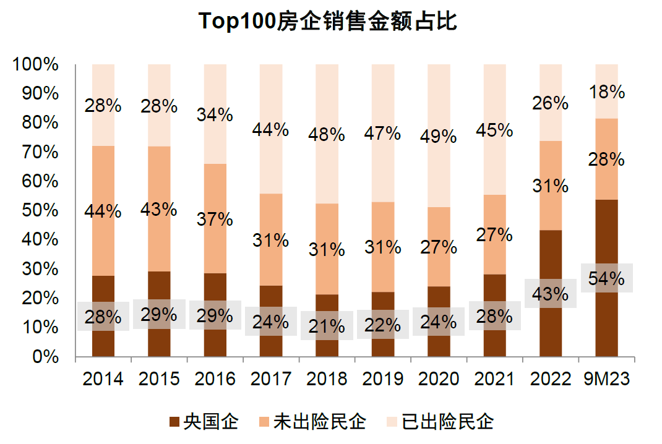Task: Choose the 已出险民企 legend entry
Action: click(x=440, y=423)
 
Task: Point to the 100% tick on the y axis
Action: click(x=35, y=65)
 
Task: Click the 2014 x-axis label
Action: click(x=103, y=379)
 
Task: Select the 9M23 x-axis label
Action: click(x=606, y=379)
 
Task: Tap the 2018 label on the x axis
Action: click(x=327, y=379)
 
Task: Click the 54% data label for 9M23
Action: click(x=606, y=279)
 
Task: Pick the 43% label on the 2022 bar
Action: click(x=551, y=294)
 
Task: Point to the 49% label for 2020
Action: click(x=439, y=137)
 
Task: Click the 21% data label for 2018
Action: click(x=327, y=325)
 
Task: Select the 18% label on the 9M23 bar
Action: click(x=606, y=92)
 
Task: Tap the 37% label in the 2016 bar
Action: click(x=215, y=219)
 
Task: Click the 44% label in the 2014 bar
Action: click(x=103, y=211)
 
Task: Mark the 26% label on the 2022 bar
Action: click(x=551, y=103)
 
